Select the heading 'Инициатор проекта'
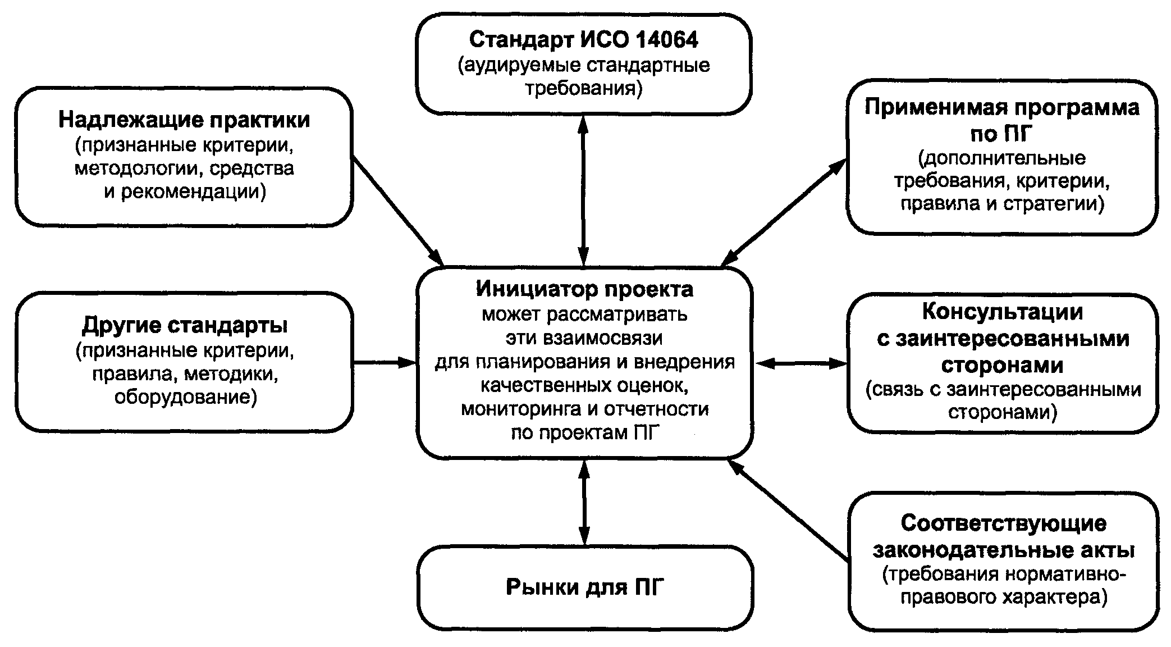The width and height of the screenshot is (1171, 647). coord(584,289)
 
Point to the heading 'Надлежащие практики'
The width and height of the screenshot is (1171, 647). coord(185,120)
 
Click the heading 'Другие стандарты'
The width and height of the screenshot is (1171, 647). coord(185,325)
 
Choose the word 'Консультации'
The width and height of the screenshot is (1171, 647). coord(1003,312)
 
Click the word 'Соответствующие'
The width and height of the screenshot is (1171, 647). coord(1004,523)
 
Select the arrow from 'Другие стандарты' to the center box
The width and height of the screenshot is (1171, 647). coord(385,363)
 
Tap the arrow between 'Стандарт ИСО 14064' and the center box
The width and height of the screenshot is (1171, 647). coord(584,190)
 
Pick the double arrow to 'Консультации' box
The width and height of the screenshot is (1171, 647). coord(801,364)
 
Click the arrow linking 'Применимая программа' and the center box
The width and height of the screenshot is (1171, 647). coord(784,212)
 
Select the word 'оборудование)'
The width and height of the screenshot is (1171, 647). coord(185,397)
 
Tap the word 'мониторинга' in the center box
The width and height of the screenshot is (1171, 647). coord(520,409)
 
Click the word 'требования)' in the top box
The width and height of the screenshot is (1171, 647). coord(584,89)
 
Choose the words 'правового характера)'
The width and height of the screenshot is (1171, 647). coord(1004,596)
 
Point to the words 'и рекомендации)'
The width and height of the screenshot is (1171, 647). coord(185,192)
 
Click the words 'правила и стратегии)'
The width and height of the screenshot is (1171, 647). coord(1003,203)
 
